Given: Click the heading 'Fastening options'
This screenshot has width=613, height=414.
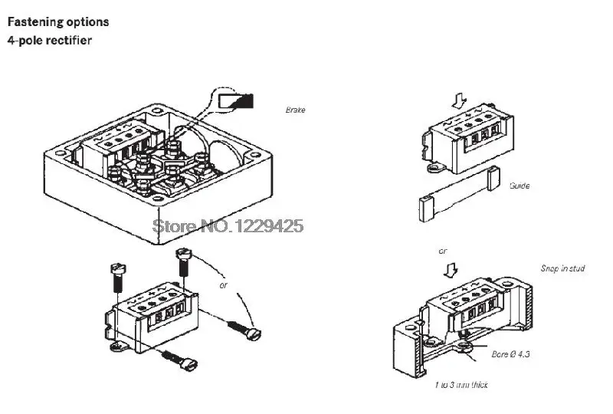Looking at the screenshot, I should (57, 22).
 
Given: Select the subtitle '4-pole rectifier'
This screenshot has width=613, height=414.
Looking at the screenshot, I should (50, 40).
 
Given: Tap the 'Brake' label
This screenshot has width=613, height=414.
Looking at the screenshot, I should (295, 110).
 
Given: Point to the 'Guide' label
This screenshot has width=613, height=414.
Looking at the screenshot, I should (519, 186).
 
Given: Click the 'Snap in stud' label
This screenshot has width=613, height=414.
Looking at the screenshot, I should (562, 269).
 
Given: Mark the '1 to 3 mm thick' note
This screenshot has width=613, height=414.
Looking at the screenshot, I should (461, 385).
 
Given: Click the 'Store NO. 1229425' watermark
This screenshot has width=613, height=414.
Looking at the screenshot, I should (228, 225).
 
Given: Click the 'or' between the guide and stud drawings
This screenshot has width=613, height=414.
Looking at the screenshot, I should (443, 251).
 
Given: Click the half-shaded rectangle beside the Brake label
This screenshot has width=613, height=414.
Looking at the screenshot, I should (234, 100).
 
